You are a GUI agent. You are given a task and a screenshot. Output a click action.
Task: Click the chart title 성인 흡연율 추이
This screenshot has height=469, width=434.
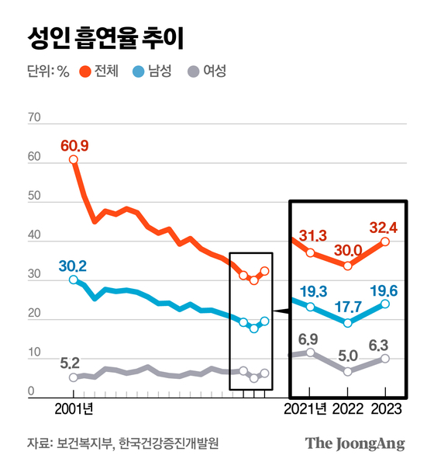(105, 36)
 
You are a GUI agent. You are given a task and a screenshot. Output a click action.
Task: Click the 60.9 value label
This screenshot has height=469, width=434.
(74, 145)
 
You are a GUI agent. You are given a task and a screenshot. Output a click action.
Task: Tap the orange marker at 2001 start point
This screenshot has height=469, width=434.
(74, 160)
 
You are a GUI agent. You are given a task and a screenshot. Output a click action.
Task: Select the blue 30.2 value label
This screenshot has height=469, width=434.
(72, 266)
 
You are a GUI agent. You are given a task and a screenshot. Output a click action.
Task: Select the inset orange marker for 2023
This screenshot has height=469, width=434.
(385, 241)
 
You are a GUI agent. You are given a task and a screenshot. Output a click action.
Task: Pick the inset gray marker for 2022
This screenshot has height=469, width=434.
(348, 371)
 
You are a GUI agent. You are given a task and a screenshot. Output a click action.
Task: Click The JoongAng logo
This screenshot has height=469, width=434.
(355, 443)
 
